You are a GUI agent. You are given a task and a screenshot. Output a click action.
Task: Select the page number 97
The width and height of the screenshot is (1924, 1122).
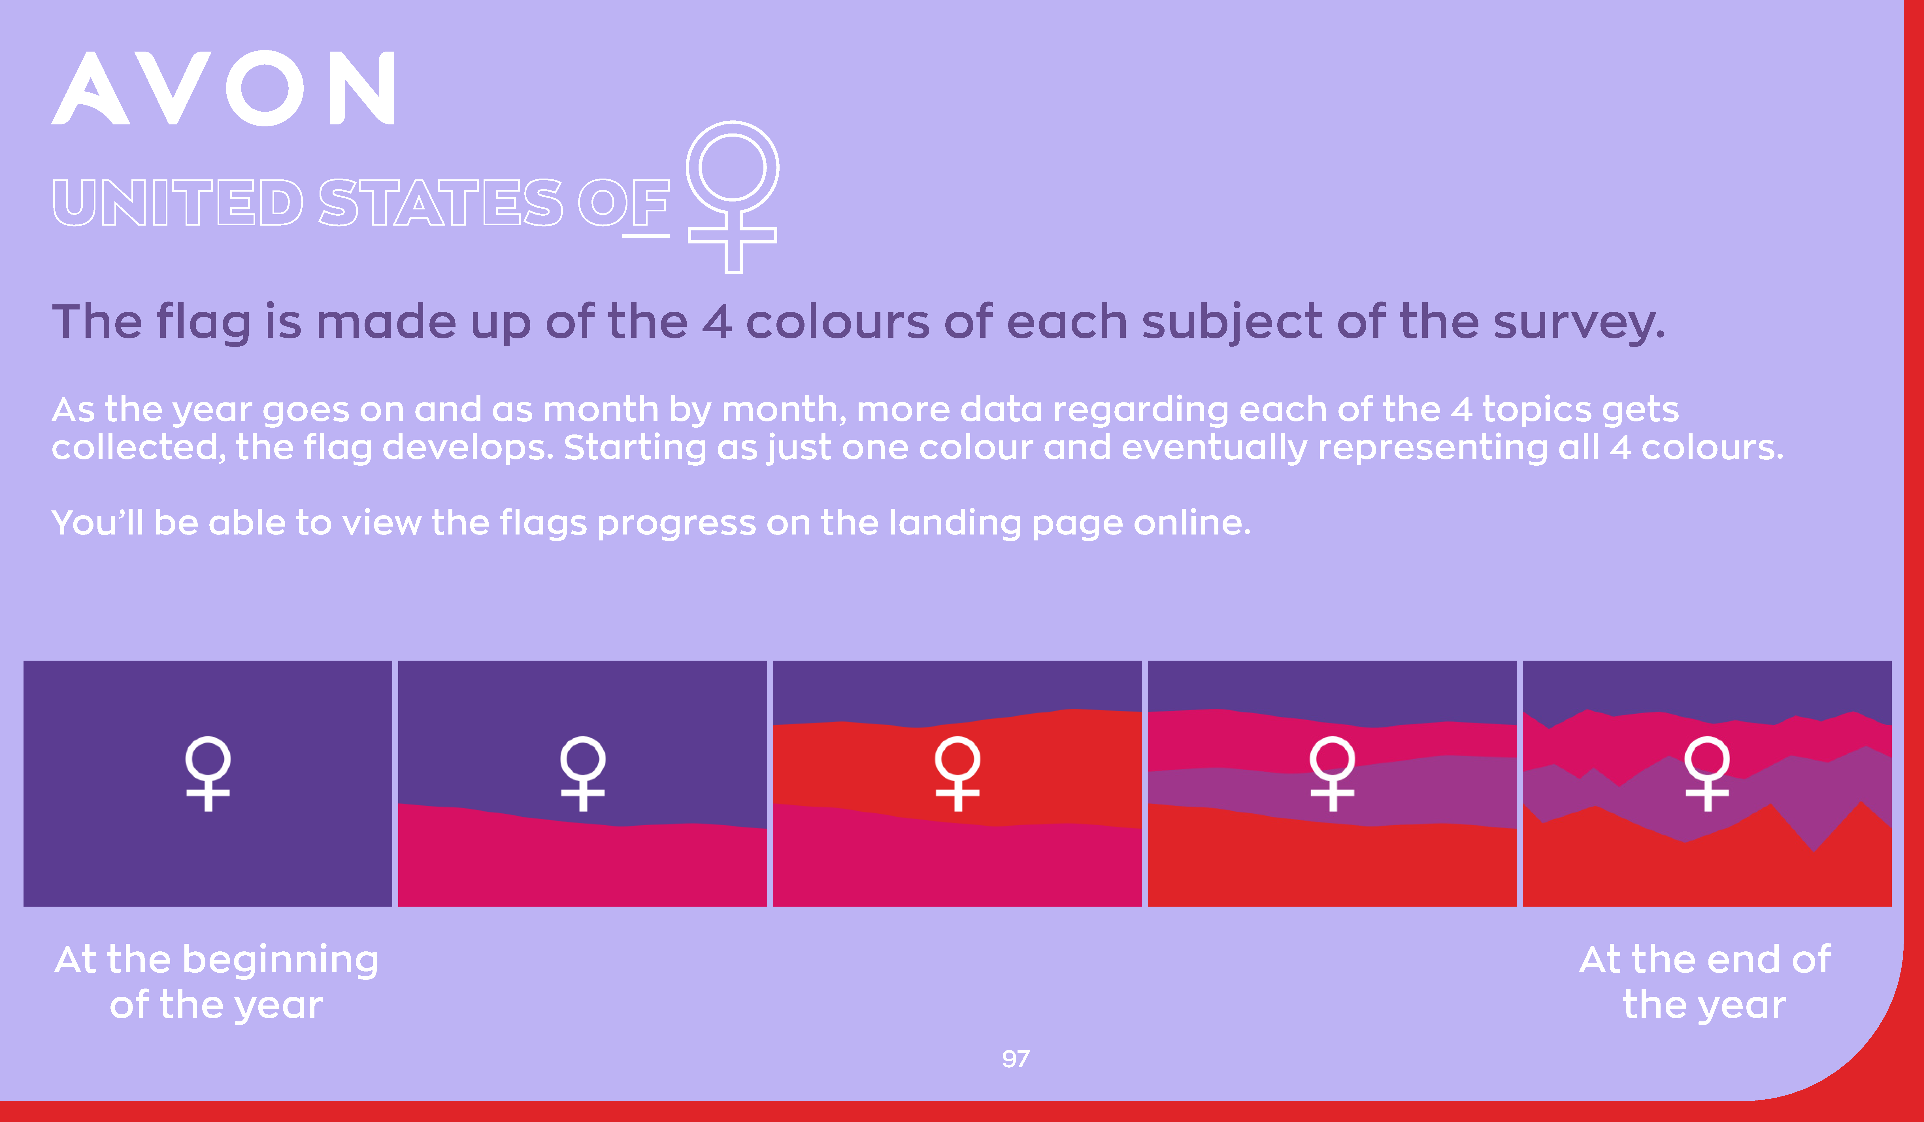point(1016,1059)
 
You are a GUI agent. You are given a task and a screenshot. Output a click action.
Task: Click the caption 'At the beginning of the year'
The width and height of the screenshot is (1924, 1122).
point(216,982)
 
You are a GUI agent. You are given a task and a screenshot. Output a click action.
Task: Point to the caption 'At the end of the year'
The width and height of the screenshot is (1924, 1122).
point(1705,982)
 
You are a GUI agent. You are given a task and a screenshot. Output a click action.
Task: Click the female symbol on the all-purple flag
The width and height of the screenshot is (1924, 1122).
point(208,773)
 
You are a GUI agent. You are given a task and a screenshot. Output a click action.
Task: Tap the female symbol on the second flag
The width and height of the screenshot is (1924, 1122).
point(582,773)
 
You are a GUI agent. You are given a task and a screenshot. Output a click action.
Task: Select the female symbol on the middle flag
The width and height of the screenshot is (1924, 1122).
point(957,773)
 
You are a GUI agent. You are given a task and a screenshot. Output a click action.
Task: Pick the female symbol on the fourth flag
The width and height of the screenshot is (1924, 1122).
point(1332,773)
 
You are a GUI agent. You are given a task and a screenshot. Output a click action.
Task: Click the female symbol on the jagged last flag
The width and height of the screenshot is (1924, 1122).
point(1707,773)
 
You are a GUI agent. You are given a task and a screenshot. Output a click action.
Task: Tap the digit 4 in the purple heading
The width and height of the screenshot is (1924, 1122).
point(717,322)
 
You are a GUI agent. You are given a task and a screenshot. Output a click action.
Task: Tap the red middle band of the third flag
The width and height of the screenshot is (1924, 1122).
point(957,771)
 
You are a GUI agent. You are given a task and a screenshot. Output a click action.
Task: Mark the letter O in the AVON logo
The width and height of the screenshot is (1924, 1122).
point(265,88)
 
